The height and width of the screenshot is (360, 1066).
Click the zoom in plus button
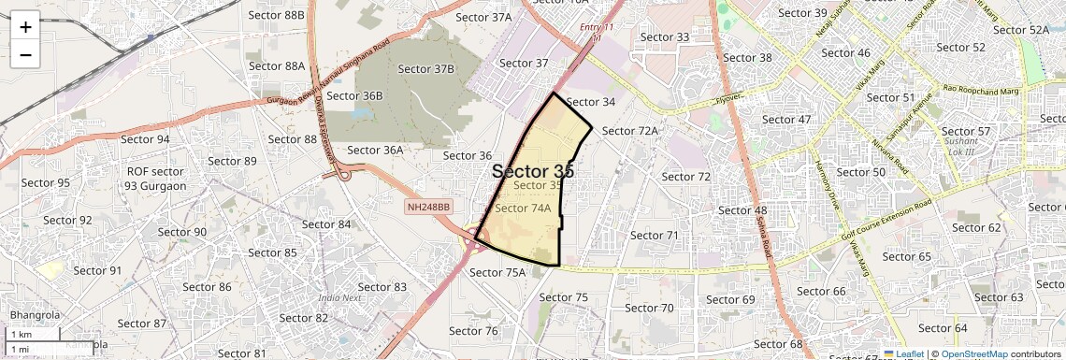point(25,27)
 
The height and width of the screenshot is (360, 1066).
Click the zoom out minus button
point(25,55)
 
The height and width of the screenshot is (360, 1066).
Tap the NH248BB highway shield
point(429,206)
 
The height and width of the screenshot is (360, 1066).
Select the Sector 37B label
point(425,69)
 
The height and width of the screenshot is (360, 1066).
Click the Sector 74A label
point(523,209)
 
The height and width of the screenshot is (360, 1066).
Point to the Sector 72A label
point(630,131)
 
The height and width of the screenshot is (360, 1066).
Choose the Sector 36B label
point(354,95)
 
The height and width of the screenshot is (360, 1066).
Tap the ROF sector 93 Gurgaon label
point(156,179)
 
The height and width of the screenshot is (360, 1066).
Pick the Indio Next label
point(339,298)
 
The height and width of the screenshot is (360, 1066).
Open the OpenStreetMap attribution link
point(973,354)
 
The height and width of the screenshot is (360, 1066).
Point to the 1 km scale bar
point(34,335)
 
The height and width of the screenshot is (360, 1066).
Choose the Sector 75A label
point(497,273)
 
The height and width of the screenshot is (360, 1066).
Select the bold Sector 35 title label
point(532,171)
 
